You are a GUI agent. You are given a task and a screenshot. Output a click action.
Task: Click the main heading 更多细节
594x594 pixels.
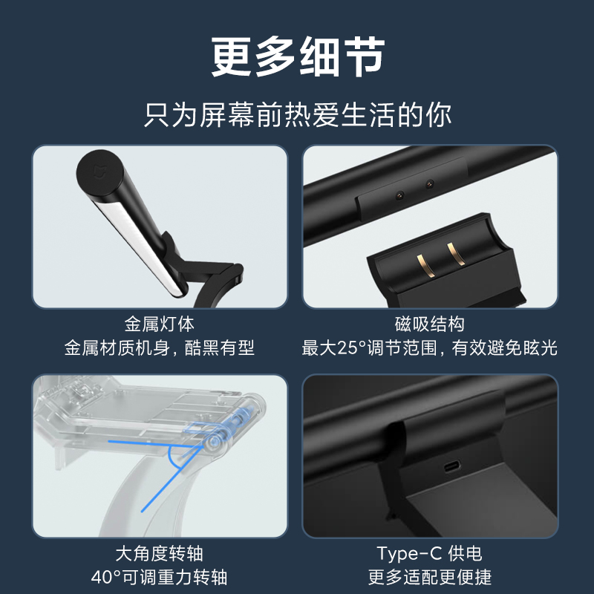[x=298, y=57]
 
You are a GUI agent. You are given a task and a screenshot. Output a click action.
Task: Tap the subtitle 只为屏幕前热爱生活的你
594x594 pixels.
[x=298, y=115]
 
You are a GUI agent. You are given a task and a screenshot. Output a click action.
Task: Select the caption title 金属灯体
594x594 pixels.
[x=159, y=324]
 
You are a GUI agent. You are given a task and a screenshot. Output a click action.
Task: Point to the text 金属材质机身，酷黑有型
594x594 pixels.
[x=159, y=347]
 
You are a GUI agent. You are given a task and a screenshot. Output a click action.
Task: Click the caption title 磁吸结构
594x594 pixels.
[x=430, y=324]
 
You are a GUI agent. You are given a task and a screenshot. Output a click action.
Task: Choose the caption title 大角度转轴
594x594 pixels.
[x=159, y=553]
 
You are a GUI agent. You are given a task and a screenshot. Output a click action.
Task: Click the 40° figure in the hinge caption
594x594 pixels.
[x=106, y=578]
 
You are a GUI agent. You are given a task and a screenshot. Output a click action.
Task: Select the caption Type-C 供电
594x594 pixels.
[x=430, y=553]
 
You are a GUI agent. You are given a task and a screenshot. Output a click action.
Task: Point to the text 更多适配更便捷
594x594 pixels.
[x=430, y=578]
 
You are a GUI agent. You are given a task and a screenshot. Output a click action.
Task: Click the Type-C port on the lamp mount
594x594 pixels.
[x=452, y=466]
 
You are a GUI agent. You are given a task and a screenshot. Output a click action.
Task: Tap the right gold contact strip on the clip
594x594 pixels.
[x=456, y=253]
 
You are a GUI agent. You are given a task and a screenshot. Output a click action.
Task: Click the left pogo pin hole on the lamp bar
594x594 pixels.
[x=399, y=195]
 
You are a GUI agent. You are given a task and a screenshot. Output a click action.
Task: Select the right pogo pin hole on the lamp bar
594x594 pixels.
[x=429, y=184]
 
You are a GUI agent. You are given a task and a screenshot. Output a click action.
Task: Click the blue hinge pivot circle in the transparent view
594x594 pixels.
[x=215, y=441]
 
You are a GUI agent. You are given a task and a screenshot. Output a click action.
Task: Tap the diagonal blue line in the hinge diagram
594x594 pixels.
[x=172, y=478]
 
